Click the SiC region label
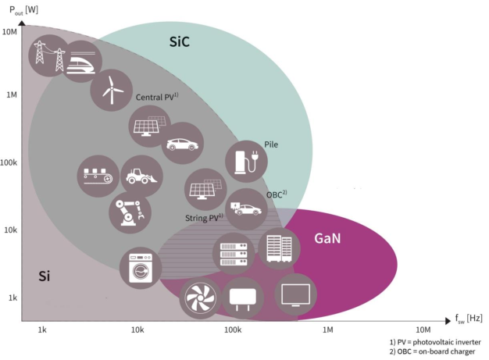[x=180, y=41]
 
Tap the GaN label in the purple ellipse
[x=327, y=238]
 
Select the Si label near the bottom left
[x=44, y=276]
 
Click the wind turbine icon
[x=112, y=90]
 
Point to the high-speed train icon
[x=81, y=62]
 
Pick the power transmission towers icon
[x=49, y=55]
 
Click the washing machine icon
[x=141, y=268]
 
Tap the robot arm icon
[x=130, y=212]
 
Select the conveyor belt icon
[x=98, y=176]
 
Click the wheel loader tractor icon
[x=141, y=176]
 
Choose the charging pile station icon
[x=246, y=162]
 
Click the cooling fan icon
[x=200, y=298]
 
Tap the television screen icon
[x=295, y=294]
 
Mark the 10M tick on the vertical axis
[x=9, y=32]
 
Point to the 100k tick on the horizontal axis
[x=233, y=330]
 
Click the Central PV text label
[x=157, y=97]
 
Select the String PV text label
[x=204, y=218]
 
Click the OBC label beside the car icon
[x=277, y=194]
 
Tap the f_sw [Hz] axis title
[x=469, y=319]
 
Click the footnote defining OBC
[x=432, y=351]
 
